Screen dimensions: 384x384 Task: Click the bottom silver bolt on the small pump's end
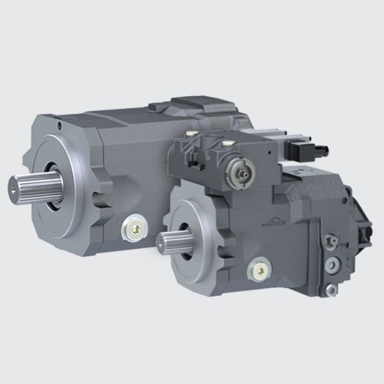[330, 290]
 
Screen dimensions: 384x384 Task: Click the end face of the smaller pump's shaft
[161, 242]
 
